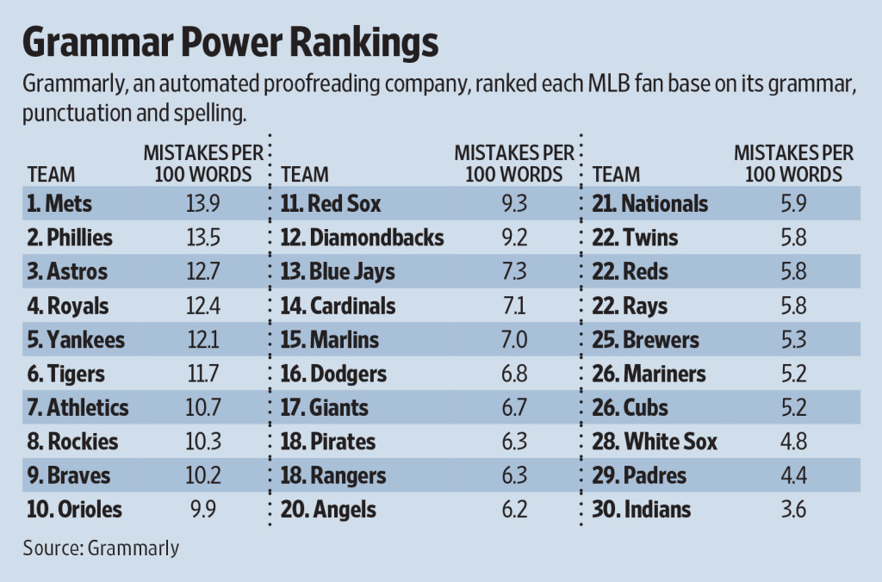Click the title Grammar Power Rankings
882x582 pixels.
230,41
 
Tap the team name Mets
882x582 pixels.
70,204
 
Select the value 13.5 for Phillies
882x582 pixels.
203,237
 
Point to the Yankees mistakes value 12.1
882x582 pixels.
203,340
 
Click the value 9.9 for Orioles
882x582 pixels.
203,510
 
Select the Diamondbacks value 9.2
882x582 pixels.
514,237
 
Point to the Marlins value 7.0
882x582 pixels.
514,340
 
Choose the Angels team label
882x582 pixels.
329,510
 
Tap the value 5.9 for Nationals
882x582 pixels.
793,204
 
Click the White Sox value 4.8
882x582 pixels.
793,443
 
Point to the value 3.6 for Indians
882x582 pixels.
793,510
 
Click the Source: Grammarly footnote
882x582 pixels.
101,548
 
